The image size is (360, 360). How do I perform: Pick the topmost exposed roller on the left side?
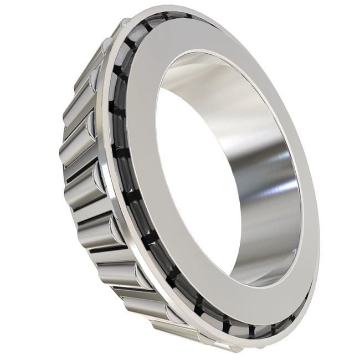click(108, 47)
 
